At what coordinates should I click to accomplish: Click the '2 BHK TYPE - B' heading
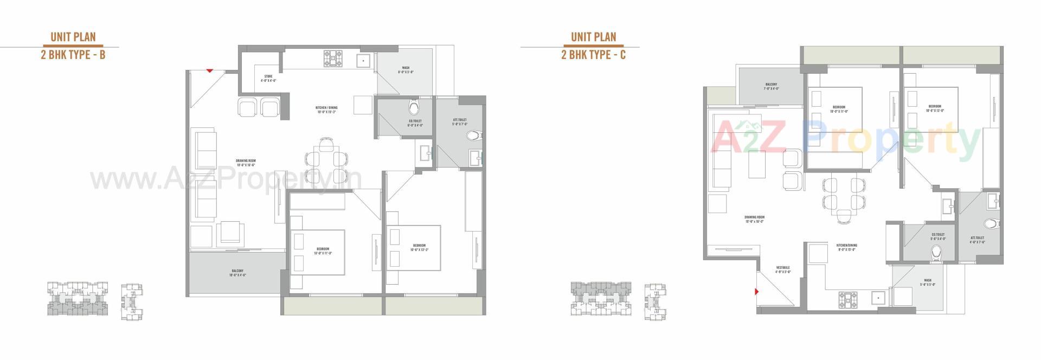(73, 55)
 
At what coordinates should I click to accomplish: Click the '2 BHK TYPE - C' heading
(593, 55)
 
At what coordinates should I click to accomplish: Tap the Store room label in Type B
(268, 78)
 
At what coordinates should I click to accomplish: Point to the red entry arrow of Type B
(210, 70)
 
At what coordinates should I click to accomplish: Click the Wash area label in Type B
(406, 70)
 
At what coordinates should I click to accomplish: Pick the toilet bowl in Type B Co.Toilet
(414, 105)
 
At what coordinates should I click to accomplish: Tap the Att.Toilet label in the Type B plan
(459, 122)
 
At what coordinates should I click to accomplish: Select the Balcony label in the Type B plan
(237, 273)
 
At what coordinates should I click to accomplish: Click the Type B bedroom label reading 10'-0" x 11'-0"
(323, 251)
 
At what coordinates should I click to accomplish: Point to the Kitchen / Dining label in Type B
(326, 110)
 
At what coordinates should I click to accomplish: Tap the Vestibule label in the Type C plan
(782, 269)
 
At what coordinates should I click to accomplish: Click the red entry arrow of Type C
(756, 292)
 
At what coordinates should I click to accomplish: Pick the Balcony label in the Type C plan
(771, 86)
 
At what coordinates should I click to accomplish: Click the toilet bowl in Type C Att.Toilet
(992, 223)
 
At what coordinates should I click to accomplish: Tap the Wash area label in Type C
(928, 282)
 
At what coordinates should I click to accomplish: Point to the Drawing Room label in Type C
(754, 219)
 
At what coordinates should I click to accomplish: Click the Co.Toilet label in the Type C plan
(938, 236)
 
